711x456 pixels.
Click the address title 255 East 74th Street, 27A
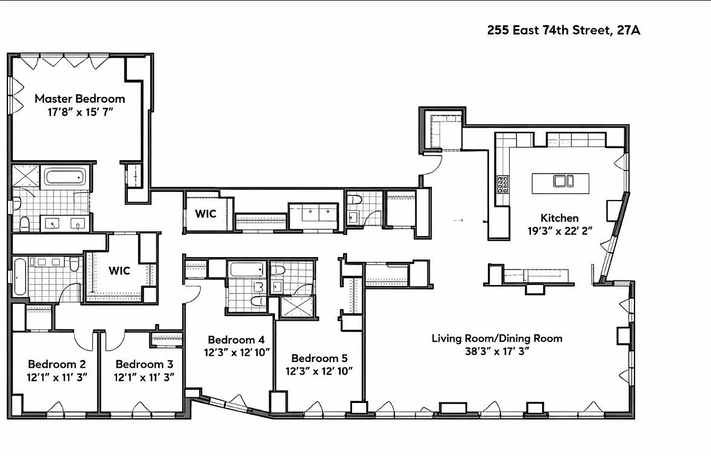(x=563, y=30)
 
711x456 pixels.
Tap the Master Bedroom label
(x=79, y=98)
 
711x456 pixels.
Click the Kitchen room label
(x=559, y=218)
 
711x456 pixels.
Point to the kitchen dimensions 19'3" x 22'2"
(x=559, y=231)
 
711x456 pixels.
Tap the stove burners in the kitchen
(x=503, y=184)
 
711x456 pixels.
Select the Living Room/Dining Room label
(x=496, y=338)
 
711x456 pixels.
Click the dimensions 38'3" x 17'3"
(x=496, y=351)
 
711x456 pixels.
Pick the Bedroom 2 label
(x=56, y=364)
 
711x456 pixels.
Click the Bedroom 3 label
(x=144, y=364)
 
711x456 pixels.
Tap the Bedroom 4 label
(x=237, y=339)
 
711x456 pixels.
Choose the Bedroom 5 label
(x=319, y=358)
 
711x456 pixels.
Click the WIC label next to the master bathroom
(x=119, y=270)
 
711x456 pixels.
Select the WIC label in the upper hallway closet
(x=206, y=214)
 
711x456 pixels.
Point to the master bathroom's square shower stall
(x=25, y=176)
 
